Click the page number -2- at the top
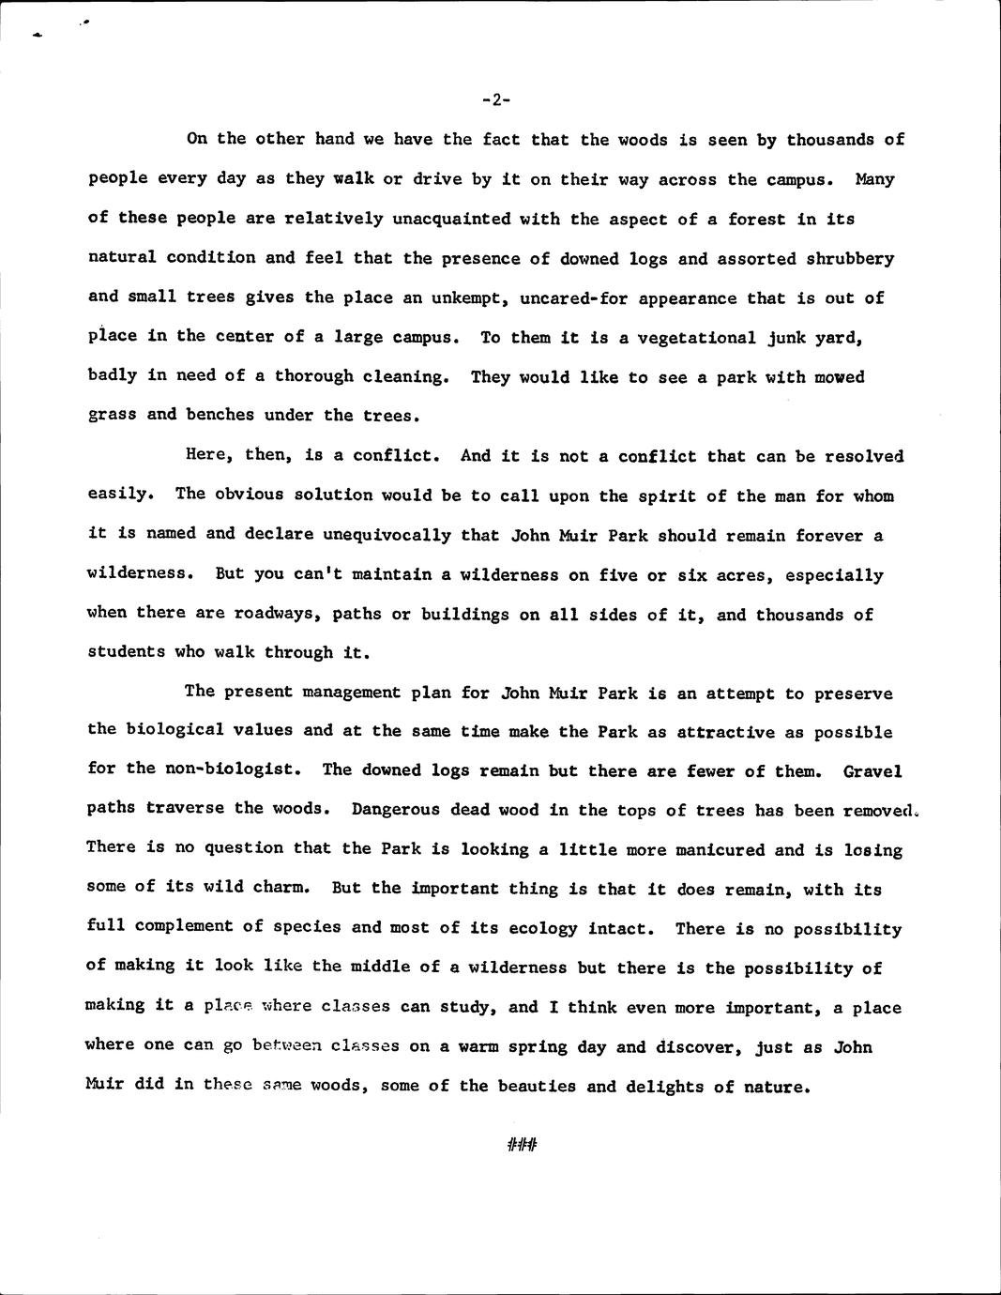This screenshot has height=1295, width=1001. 496,99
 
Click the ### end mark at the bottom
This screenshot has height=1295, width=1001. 521,1144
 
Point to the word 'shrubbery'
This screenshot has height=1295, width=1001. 850,258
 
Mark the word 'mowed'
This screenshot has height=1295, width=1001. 840,377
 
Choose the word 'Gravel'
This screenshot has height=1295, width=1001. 872,771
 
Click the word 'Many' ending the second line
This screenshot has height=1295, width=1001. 874,179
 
